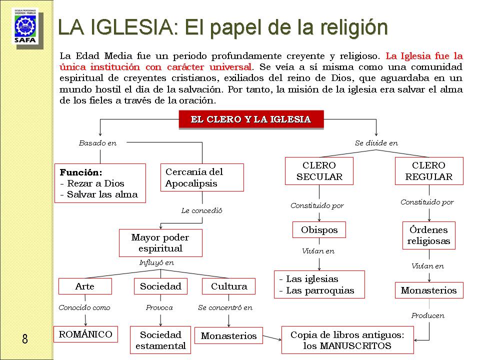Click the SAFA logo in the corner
[x=25, y=27]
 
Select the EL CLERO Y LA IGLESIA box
[x=251, y=119]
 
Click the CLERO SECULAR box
[x=319, y=171]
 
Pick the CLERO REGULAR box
[x=428, y=171]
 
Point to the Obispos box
[x=319, y=230]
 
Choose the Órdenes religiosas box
[x=428, y=235]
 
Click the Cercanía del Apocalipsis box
[x=202, y=177]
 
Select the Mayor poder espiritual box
[x=160, y=242]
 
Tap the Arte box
[x=84, y=286]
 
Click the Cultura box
[x=228, y=286]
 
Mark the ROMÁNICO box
[x=85, y=334]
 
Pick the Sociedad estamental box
[x=160, y=340]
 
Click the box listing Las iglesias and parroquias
[x=319, y=285]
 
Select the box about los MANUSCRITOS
[x=346, y=340]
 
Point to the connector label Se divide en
[x=376, y=143]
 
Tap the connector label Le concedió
[x=201, y=210]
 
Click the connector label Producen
[x=427, y=315]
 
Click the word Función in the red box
[x=80, y=172]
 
